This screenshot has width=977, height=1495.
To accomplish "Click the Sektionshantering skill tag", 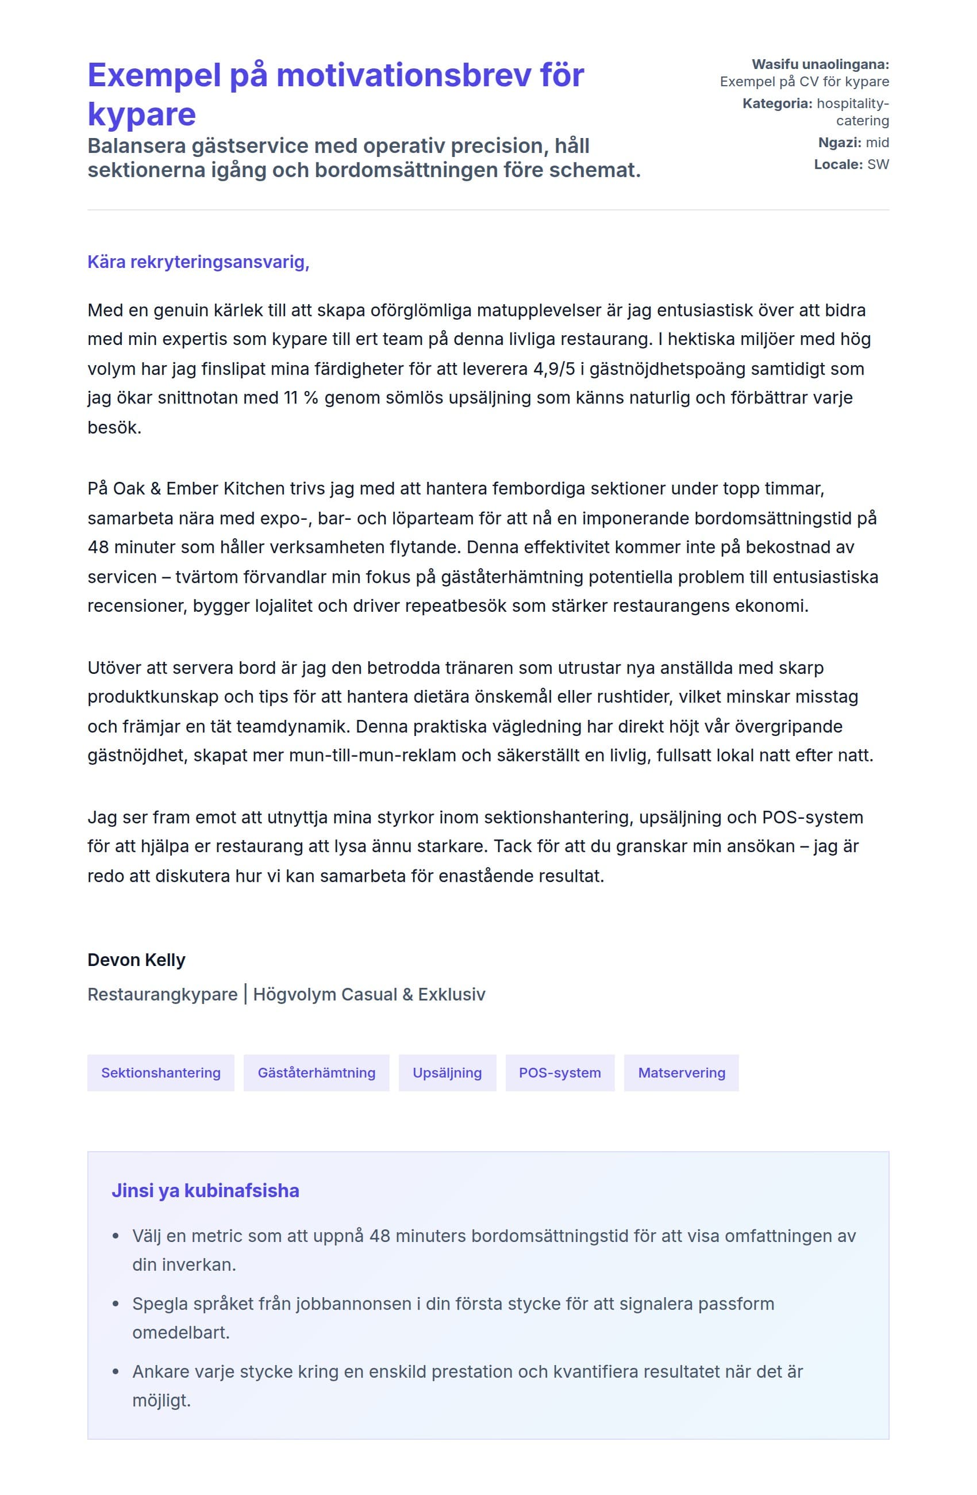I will [x=161, y=1073].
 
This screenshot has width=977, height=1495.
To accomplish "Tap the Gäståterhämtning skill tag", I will [x=317, y=1073].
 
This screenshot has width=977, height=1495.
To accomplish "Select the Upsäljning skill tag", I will [x=447, y=1073].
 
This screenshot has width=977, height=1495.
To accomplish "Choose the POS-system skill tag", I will [x=559, y=1073].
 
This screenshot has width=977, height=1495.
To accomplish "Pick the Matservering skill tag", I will [x=681, y=1073].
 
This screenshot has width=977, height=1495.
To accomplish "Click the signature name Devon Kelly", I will [x=136, y=960].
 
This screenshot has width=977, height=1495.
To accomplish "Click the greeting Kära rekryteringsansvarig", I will [x=198, y=262].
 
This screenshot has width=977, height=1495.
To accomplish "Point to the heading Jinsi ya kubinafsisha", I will [x=205, y=1190].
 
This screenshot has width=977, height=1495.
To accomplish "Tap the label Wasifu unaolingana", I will [x=820, y=64].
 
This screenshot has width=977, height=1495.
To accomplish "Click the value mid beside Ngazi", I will [x=877, y=143].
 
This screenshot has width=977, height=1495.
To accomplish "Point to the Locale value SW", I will [x=878, y=164].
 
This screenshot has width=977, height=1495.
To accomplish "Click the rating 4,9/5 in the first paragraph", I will [x=554, y=369].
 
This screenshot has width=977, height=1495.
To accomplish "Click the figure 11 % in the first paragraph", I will [x=301, y=398].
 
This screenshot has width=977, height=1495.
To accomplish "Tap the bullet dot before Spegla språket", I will [x=116, y=1304].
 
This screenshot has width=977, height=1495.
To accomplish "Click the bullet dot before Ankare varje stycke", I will [x=116, y=1372].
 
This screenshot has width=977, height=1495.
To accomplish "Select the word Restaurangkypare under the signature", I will [x=163, y=994].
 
